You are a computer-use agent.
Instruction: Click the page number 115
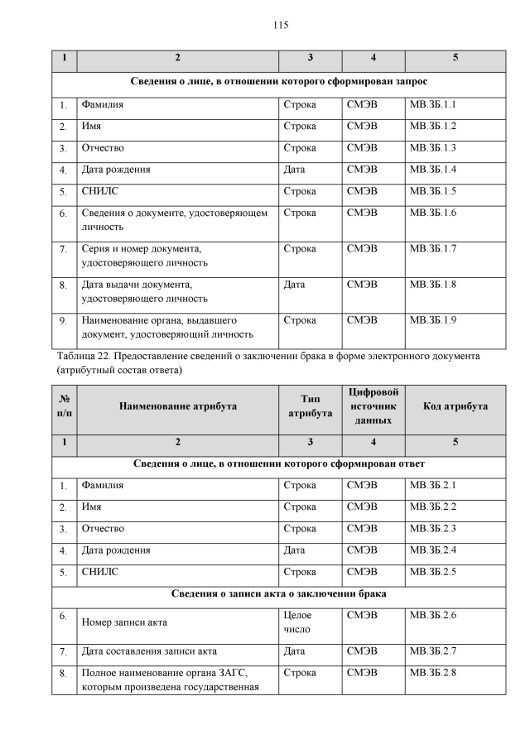pos(280,26)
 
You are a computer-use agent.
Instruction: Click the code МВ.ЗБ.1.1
pos(433,105)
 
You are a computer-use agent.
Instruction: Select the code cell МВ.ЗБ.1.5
pos(433,191)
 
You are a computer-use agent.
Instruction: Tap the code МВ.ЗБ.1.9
pos(433,319)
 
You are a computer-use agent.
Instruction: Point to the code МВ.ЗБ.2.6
pos(433,616)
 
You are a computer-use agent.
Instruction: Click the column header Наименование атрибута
pos(177,406)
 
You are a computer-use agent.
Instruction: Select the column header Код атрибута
pos(455,406)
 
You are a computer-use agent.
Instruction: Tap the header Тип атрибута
pos(310,406)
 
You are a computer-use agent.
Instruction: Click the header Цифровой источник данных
pos(372,406)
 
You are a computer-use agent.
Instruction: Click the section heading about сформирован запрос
pos(279,83)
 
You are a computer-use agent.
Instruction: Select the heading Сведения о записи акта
pos(279,593)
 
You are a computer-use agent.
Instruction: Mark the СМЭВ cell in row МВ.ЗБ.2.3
pos(362,528)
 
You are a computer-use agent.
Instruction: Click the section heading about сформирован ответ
pos(279,463)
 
